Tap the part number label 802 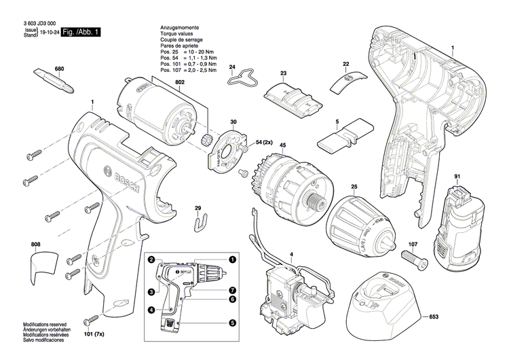click(180, 82)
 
